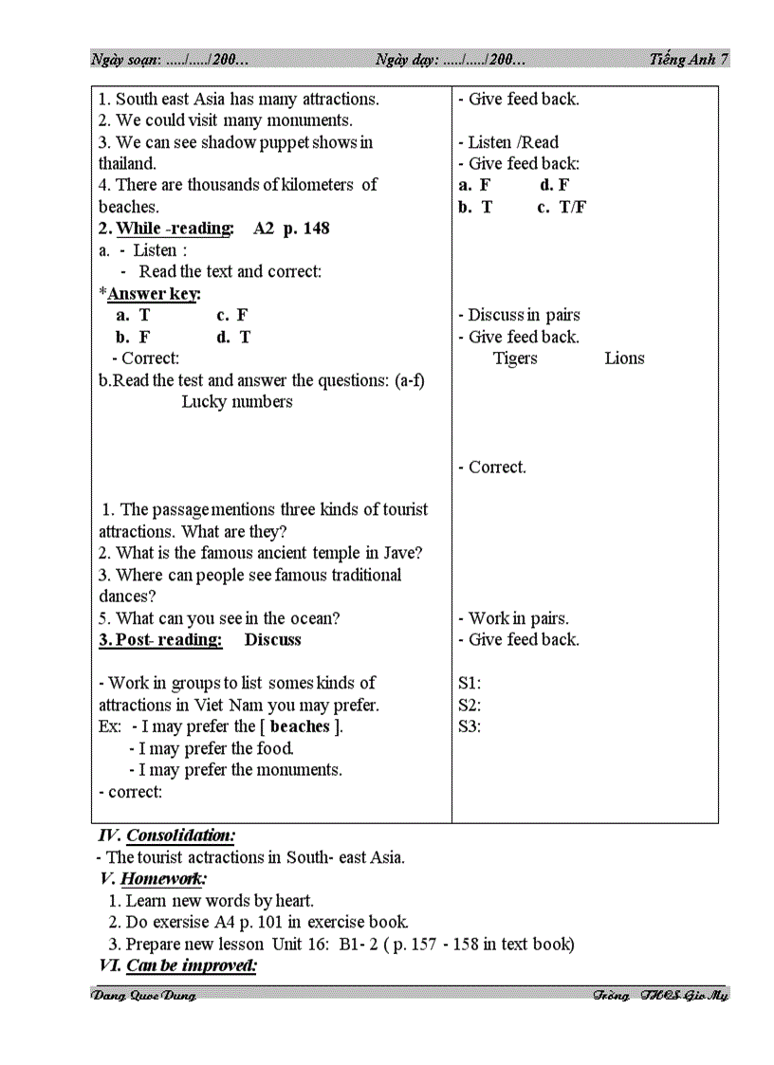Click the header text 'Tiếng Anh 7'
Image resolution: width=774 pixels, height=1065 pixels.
pyautogui.click(x=690, y=59)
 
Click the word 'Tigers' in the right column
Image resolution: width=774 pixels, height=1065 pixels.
pyautogui.click(x=515, y=358)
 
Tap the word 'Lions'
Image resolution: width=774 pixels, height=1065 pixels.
pyautogui.click(x=624, y=358)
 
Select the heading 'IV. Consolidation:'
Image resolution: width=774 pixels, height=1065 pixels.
pyautogui.click(x=167, y=835)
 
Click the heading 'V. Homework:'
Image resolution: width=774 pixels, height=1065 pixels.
pyautogui.click(x=154, y=879)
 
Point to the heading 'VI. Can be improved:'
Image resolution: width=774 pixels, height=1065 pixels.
pyautogui.click(x=177, y=965)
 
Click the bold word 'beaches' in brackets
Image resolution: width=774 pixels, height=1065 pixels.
pyautogui.click(x=300, y=726)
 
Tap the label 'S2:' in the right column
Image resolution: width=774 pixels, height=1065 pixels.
pyautogui.click(x=470, y=705)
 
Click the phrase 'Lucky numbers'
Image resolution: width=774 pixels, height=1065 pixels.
pyautogui.click(x=237, y=401)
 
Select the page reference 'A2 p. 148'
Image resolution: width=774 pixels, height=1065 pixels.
pyautogui.click(x=291, y=229)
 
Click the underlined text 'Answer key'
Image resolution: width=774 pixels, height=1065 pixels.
pyautogui.click(x=153, y=294)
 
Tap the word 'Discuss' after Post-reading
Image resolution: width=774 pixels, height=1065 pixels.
pyautogui.click(x=272, y=640)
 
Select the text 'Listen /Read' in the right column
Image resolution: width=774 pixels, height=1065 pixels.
pyautogui.click(x=513, y=142)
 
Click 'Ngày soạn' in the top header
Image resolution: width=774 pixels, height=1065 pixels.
pyautogui.click(x=125, y=60)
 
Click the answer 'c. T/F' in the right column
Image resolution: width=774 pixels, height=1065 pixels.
pyautogui.click(x=562, y=207)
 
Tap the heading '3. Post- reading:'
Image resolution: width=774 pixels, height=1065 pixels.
pyautogui.click(x=160, y=640)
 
